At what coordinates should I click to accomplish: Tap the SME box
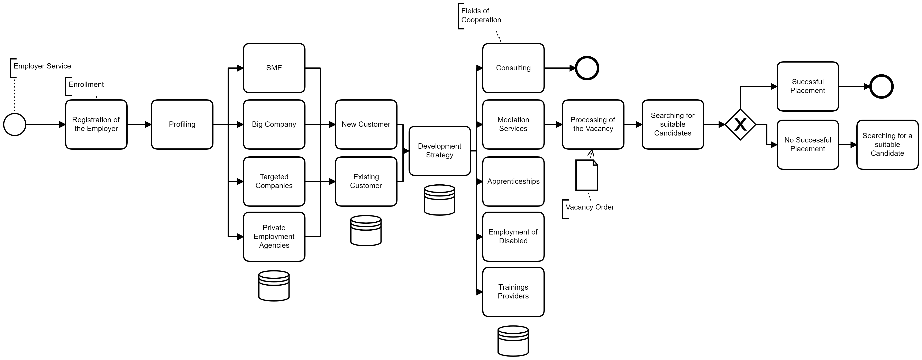[274, 68]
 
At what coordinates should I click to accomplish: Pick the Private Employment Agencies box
[274, 237]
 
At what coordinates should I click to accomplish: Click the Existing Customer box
[366, 182]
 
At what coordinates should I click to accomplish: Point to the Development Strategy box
[439, 151]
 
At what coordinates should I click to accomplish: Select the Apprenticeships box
[513, 182]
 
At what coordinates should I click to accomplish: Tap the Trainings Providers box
[513, 292]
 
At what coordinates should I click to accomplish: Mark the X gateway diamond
[740, 124]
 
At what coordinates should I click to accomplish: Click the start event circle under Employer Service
[15, 124]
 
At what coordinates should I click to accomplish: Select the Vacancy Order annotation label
[590, 207]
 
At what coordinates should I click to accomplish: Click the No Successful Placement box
[807, 145]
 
